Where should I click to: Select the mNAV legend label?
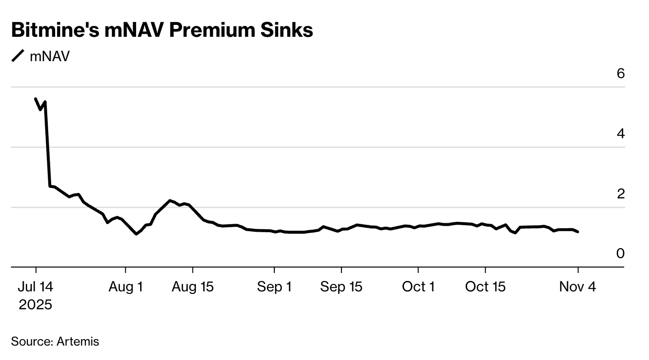50,56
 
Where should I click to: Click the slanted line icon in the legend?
18,56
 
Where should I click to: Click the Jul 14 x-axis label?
36,287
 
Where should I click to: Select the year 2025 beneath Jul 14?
36,304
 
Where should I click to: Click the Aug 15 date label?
192,287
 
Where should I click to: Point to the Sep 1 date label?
274,287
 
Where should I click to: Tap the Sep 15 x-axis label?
341,287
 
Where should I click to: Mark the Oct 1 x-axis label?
418,287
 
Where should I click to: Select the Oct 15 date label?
485,287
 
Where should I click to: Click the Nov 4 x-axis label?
578,287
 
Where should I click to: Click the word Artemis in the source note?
78,342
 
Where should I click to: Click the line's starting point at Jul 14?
35,98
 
